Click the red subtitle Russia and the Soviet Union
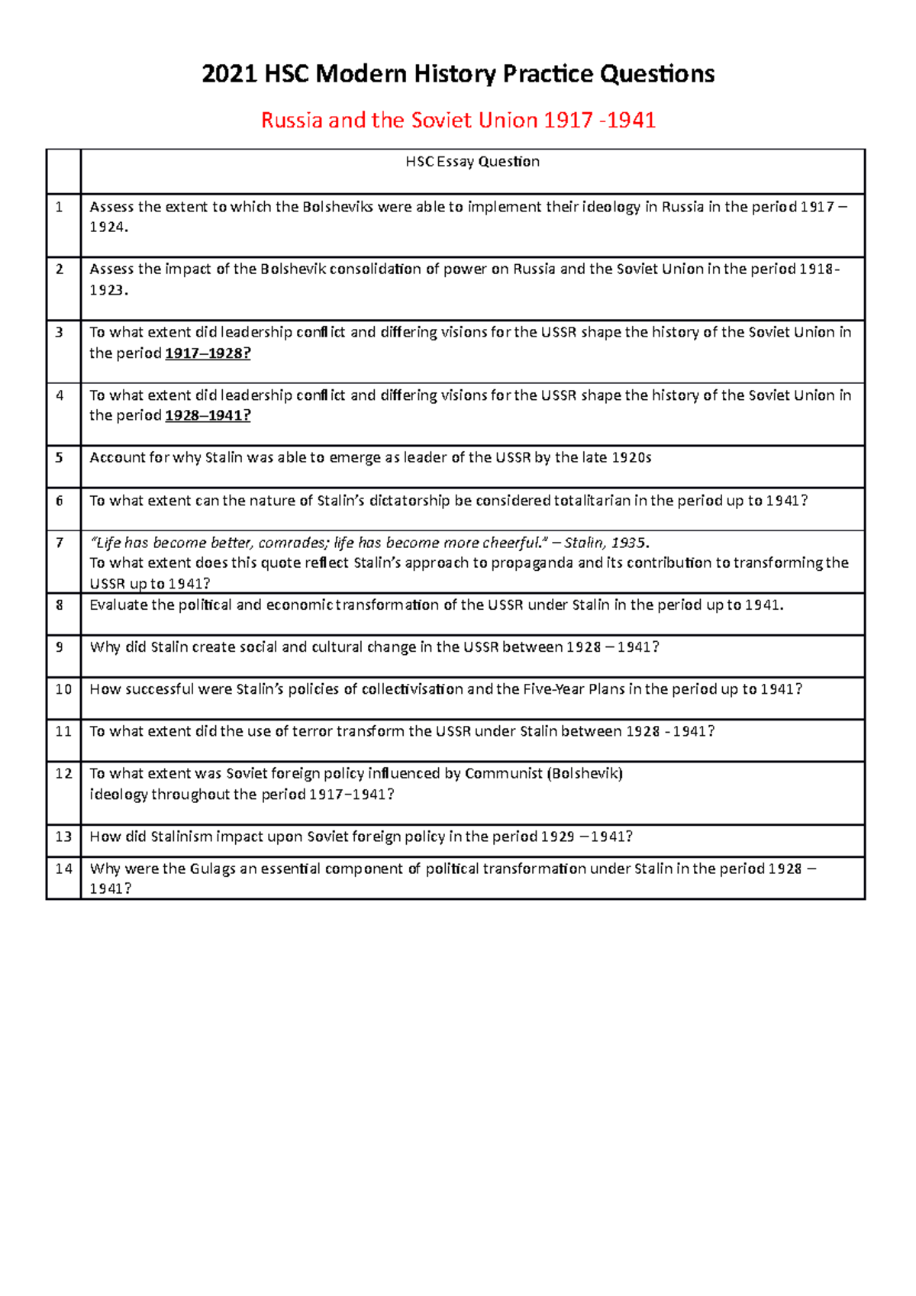click(x=458, y=120)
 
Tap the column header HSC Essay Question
click(x=473, y=162)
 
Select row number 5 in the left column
click(x=60, y=458)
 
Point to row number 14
click(x=63, y=869)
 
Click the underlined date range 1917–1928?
click(x=208, y=353)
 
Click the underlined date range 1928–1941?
click(x=208, y=416)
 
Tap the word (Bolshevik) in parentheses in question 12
click(x=585, y=773)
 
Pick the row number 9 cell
click(x=60, y=647)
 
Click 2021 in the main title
click(x=229, y=74)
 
